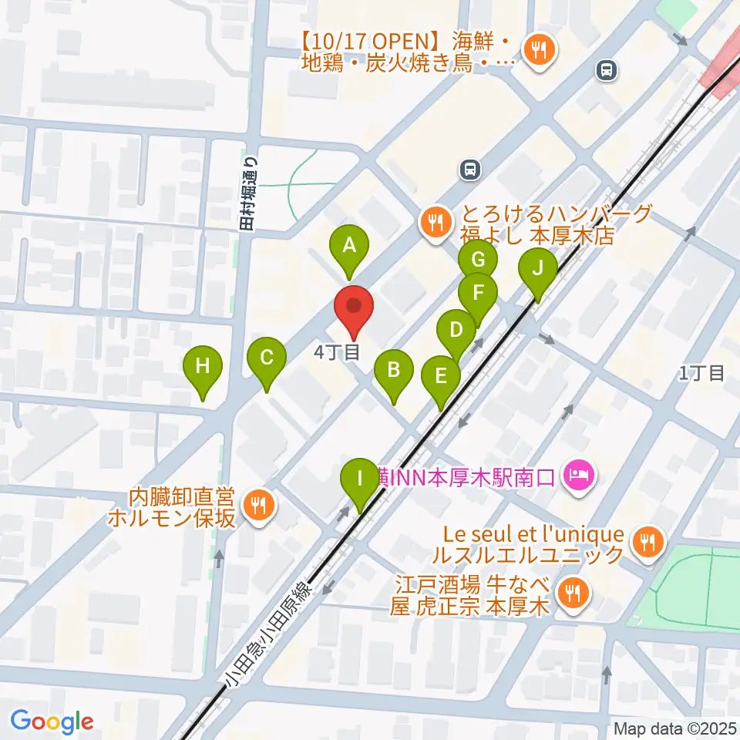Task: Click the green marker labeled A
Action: coord(348,247)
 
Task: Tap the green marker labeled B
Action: coord(393,371)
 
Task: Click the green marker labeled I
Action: coord(359,479)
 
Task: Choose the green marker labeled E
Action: coord(441,377)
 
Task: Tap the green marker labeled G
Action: coord(477,257)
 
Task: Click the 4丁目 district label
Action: coord(338,353)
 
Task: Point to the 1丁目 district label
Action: coord(701,374)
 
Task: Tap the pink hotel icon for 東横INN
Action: coord(577,473)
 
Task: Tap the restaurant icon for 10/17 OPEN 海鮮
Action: coord(538,51)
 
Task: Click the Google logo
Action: coord(52,721)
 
